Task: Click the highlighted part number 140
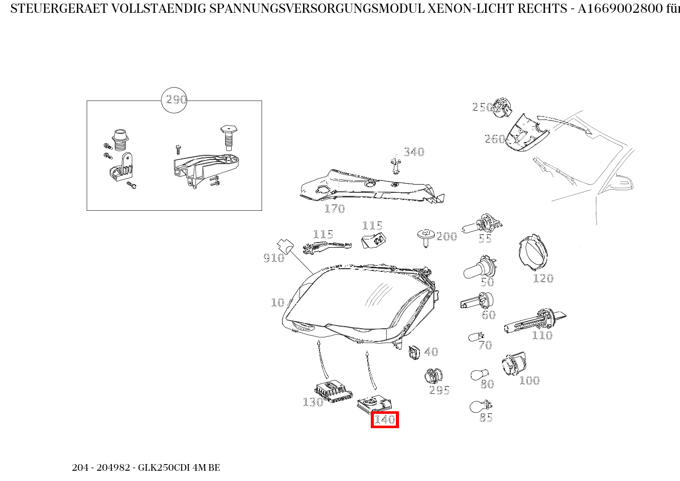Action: tap(384, 419)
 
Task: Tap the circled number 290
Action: tap(174, 100)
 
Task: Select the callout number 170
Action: tap(334, 209)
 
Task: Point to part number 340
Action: tap(414, 152)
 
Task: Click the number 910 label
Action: tap(273, 258)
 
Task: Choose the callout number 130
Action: tap(313, 402)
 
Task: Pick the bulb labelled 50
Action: tap(477, 269)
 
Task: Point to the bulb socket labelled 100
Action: tap(513, 365)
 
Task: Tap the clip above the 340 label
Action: tap(394, 164)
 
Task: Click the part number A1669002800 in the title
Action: tap(620, 9)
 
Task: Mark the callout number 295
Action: tap(439, 390)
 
